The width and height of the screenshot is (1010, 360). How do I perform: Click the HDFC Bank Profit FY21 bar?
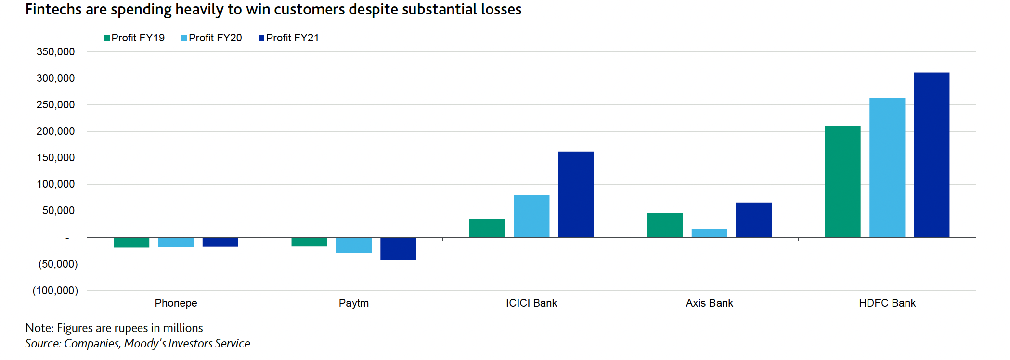coord(931,155)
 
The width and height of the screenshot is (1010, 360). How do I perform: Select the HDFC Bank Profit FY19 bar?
coord(842,181)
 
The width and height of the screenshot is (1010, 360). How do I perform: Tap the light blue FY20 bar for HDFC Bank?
coord(887,168)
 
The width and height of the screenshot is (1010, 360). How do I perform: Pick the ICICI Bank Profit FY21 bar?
coord(576,194)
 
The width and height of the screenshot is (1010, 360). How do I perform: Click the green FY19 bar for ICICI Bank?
coord(487,229)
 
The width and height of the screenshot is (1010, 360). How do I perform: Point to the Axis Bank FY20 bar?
coord(709,233)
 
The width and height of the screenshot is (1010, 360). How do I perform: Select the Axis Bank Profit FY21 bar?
coord(753,220)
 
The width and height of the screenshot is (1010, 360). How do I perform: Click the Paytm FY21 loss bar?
coord(398,248)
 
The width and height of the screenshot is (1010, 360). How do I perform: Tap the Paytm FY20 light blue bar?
coord(353,245)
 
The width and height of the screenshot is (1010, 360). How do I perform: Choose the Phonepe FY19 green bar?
coord(131,242)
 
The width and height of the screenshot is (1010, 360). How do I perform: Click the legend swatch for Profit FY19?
coord(106,38)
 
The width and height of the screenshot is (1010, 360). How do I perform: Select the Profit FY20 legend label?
coord(215,38)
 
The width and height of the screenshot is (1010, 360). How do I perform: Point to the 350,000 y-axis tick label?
coord(56,52)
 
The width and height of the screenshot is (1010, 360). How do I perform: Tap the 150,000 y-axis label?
coord(56,158)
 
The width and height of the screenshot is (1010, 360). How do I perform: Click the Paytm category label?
coord(353,303)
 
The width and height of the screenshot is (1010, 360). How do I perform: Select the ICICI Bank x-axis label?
coord(531,303)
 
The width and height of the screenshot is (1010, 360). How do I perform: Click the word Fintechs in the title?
coord(53,10)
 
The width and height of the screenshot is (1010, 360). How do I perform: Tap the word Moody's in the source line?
coord(143,344)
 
